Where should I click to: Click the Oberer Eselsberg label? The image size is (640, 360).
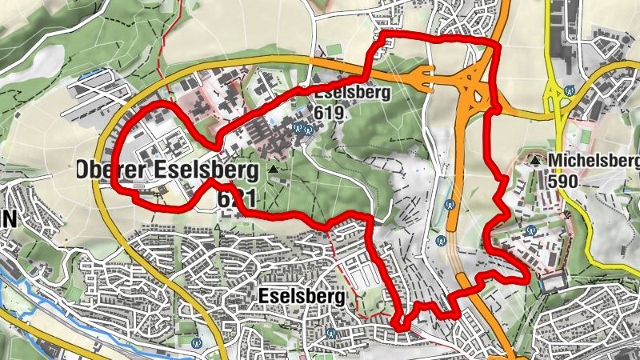coord(167,170)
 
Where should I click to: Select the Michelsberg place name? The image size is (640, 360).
coord(594,162)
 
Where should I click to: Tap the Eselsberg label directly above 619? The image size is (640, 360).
coord(346,93)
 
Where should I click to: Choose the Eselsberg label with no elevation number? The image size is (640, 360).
coord(302,297)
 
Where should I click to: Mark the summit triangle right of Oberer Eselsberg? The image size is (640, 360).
coord(275,170)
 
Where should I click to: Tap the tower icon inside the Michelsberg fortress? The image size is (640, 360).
coord(529,231)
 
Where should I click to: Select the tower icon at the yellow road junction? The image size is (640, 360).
coord(569,90)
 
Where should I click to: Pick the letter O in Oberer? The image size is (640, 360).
coord(84,170)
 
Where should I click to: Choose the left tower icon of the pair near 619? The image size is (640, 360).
coord(298,126)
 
